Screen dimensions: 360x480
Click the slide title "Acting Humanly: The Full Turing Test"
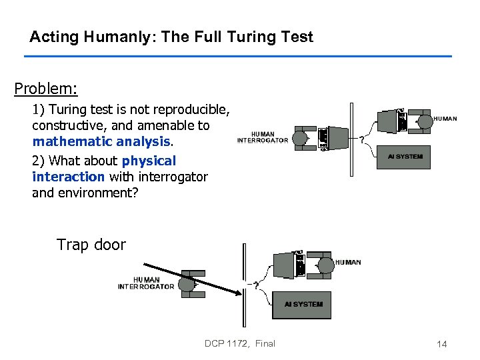click(x=171, y=37)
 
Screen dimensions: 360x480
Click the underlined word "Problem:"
click(x=46, y=88)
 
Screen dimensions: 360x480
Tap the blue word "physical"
click(x=149, y=161)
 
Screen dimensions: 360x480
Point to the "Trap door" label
click(x=91, y=245)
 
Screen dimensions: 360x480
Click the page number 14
click(x=441, y=344)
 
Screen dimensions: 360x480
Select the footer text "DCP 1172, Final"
click(x=240, y=343)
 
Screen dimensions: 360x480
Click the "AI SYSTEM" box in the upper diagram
click(x=405, y=157)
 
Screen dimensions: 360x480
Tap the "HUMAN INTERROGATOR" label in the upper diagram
click(x=263, y=137)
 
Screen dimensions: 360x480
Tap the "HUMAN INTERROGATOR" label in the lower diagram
click(x=146, y=283)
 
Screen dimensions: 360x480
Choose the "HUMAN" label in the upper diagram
click(x=445, y=119)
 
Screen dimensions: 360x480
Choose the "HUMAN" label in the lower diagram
click(x=348, y=262)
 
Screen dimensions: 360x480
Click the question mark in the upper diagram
click(x=362, y=140)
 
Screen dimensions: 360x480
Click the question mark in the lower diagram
click(x=255, y=285)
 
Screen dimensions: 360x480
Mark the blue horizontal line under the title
click(x=238, y=56)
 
